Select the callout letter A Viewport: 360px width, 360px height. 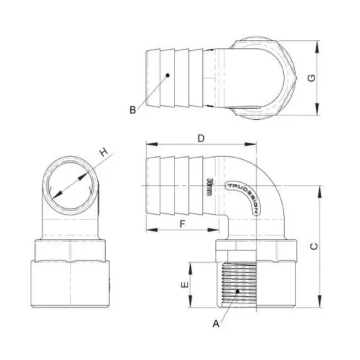pos(216,324)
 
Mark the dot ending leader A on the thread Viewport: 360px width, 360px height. pos(237,291)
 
